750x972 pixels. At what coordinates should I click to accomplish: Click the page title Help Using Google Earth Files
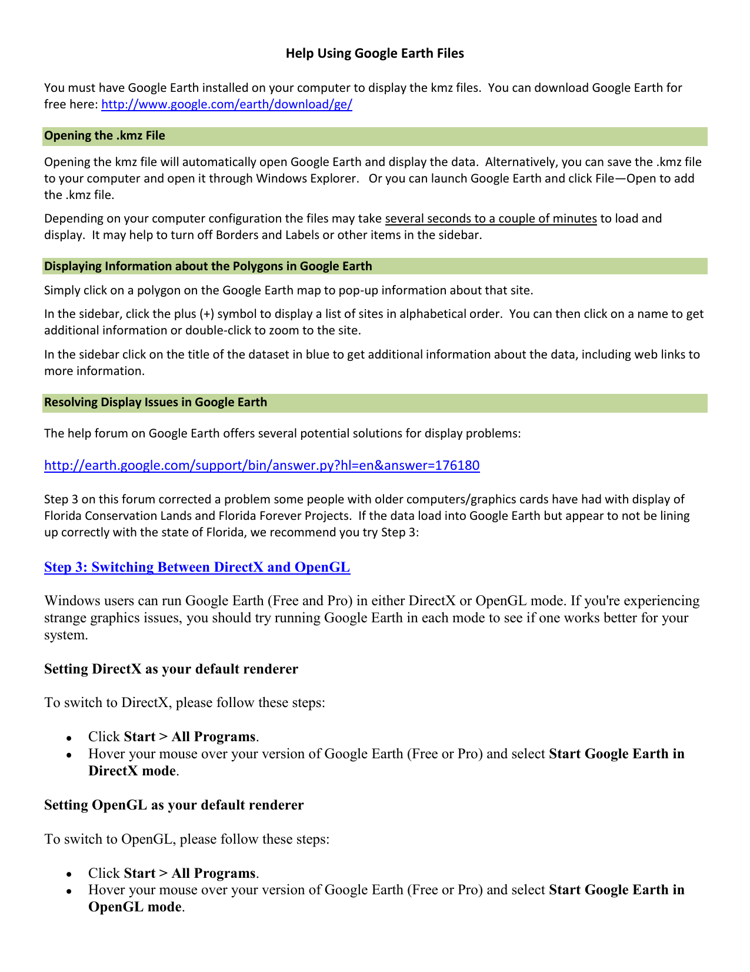[x=375, y=54]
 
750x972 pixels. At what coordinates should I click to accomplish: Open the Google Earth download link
[x=226, y=105]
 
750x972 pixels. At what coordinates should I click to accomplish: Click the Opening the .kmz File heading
[x=105, y=136]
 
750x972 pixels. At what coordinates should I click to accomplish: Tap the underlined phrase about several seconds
[x=491, y=219]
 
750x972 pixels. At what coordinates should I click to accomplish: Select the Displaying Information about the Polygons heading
[x=208, y=267]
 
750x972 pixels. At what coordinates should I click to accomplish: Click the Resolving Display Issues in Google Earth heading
[x=156, y=403]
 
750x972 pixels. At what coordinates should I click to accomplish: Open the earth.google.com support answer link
[x=262, y=466]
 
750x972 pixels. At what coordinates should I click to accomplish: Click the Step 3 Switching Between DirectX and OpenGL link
[x=197, y=568]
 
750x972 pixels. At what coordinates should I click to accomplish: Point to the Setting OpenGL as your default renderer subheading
[x=174, y=805]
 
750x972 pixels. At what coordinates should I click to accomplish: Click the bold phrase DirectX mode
[x=132, y=771]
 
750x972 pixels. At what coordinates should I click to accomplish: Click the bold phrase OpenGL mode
[x=135, y=907]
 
